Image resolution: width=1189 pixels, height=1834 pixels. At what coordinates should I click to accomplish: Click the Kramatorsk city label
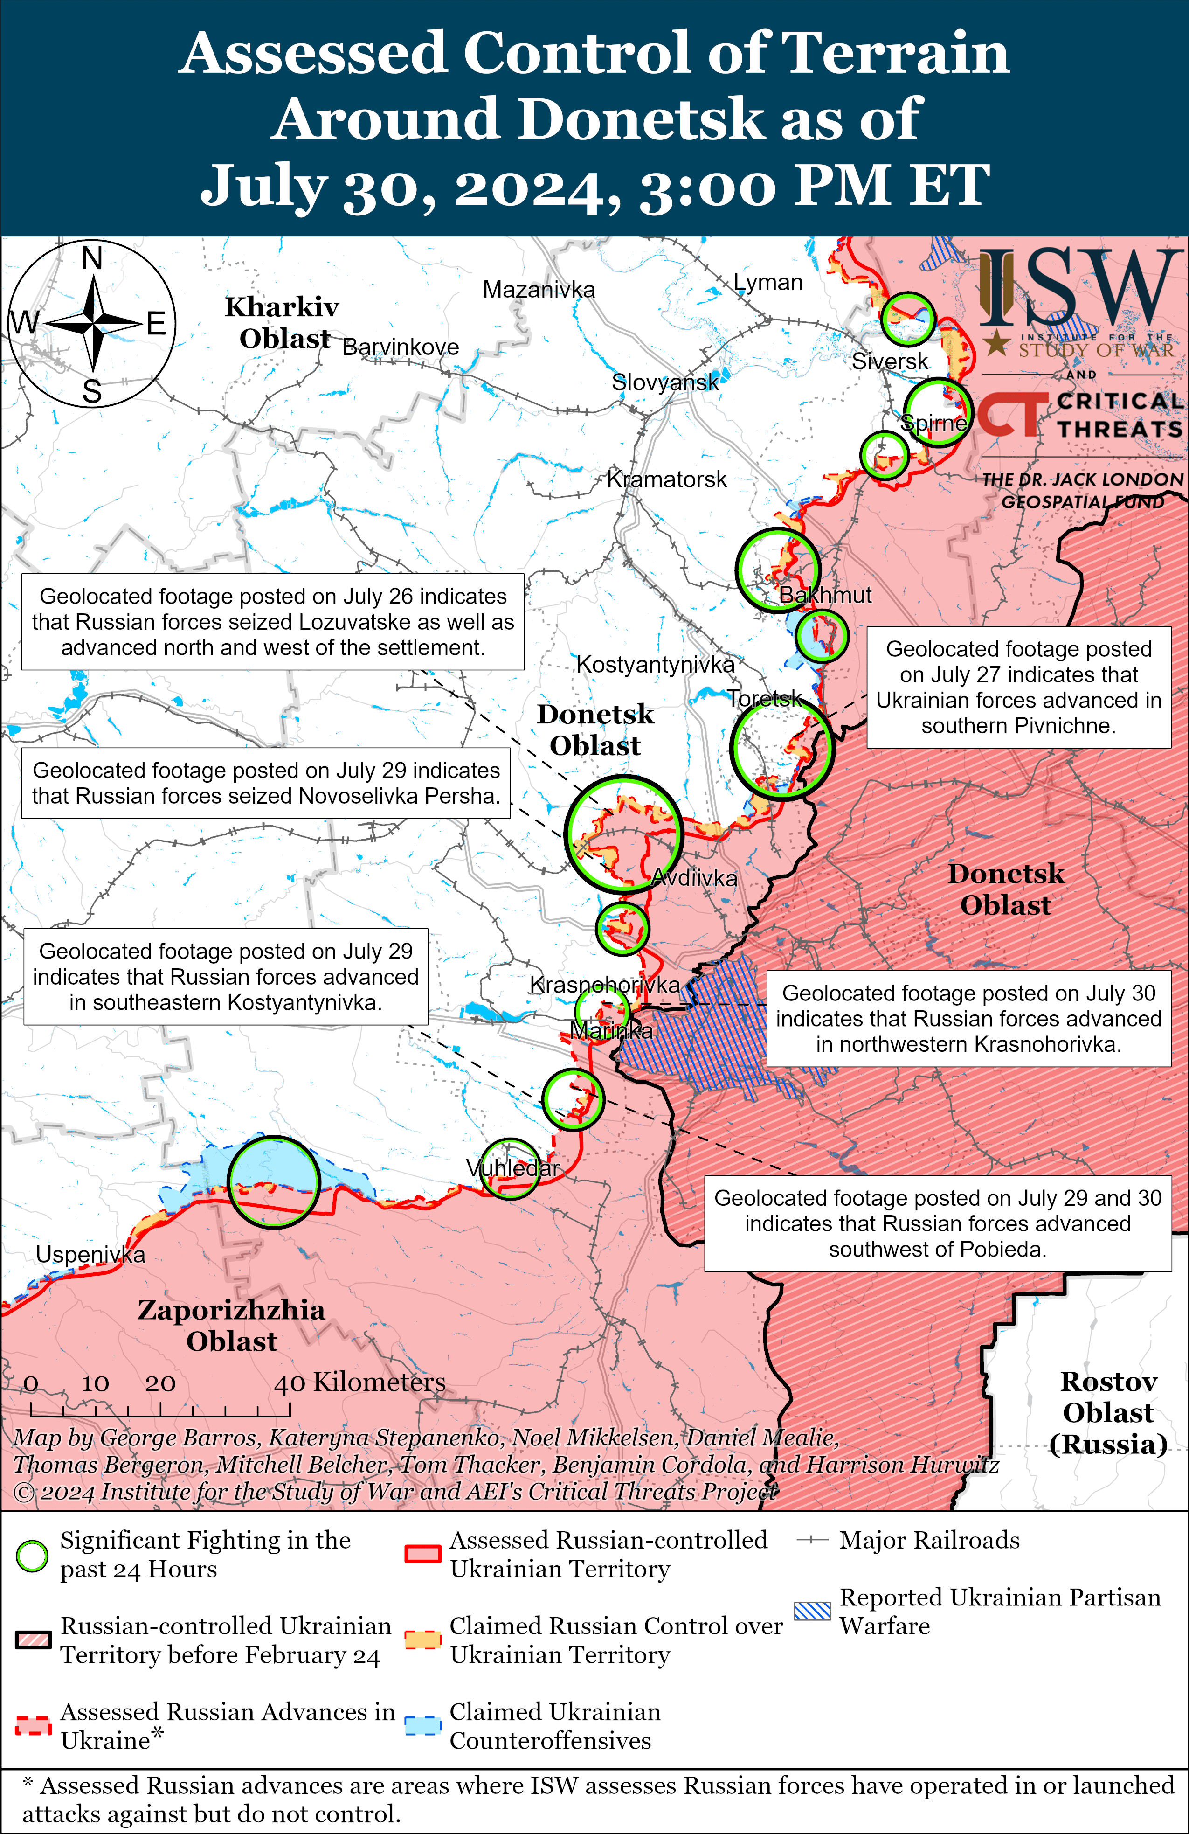(667, 479)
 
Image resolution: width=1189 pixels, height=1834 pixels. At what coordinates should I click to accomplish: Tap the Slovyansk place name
(665, 382)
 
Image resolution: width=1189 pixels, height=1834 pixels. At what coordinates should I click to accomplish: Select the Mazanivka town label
(539, 290)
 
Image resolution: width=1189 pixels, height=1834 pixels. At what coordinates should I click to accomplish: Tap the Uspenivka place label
(90, 1255)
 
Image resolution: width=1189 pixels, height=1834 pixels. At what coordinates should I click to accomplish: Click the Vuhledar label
(512, 1168)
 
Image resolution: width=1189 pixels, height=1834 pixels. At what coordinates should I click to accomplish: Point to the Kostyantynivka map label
(655, 664)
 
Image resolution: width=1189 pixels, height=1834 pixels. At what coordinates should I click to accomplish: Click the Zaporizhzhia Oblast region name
(231, 1326)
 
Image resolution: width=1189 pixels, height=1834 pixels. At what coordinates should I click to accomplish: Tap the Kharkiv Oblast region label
(282, 322)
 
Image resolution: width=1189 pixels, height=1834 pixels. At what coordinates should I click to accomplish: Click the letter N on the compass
(92, 258)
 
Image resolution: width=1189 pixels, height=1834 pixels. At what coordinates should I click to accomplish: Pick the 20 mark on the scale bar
(160, 1383)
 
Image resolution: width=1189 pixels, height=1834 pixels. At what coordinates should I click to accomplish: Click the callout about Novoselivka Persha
(266, 783)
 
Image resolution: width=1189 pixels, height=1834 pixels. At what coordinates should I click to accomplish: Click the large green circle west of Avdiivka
(623, 834)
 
